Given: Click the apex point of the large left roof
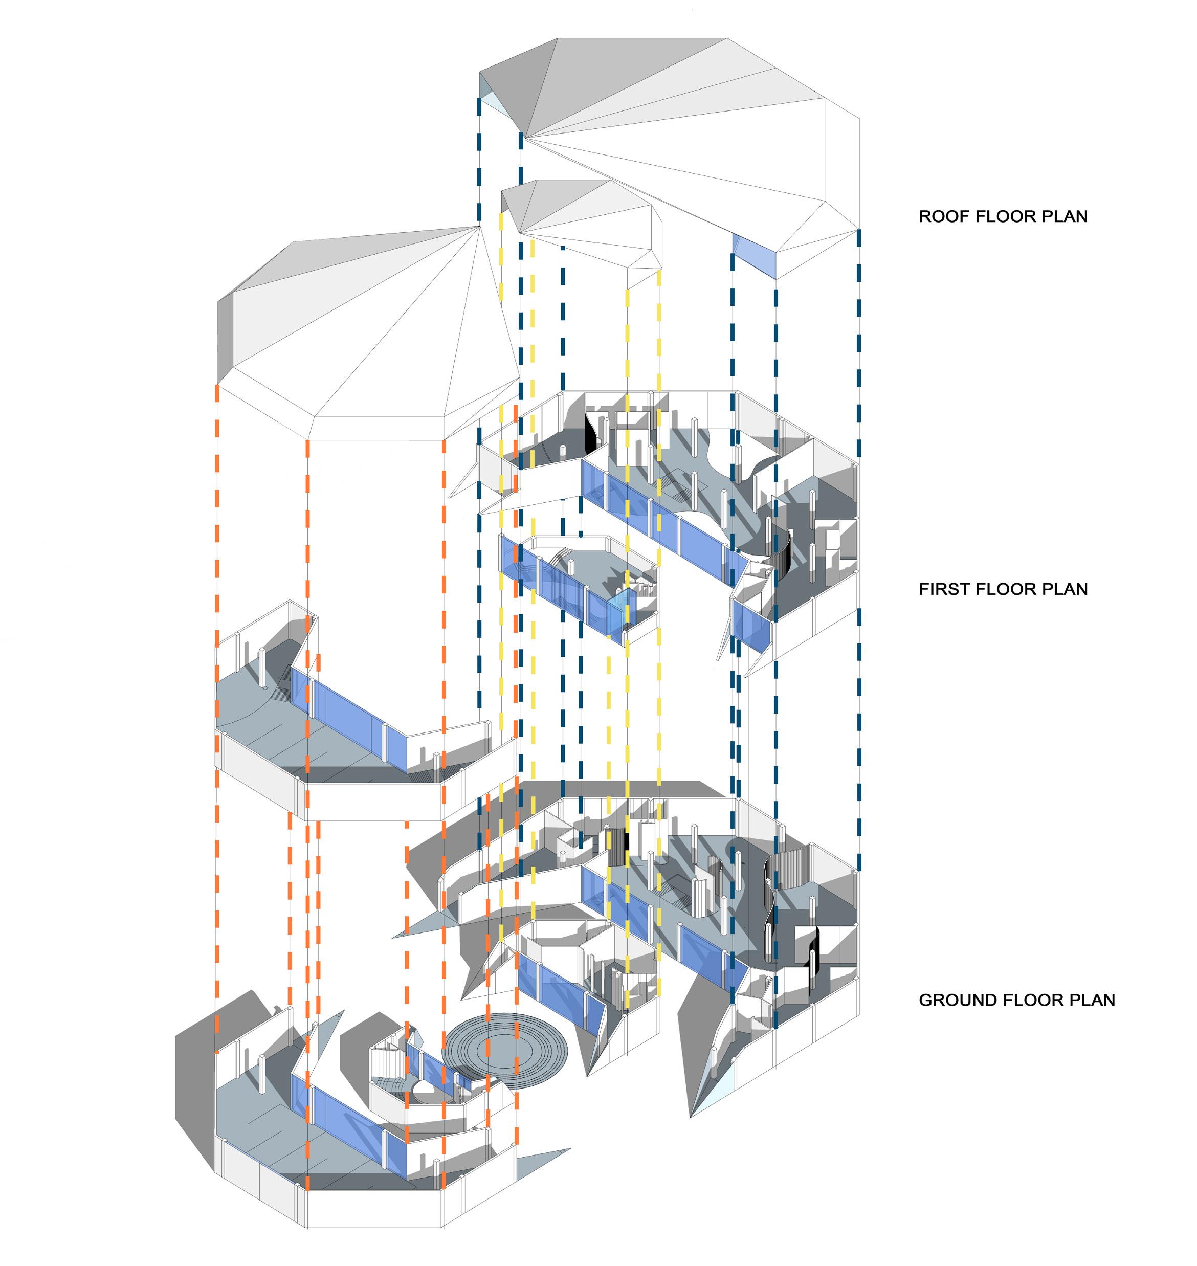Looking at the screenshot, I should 479,226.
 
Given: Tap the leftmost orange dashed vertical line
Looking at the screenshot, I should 217,702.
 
